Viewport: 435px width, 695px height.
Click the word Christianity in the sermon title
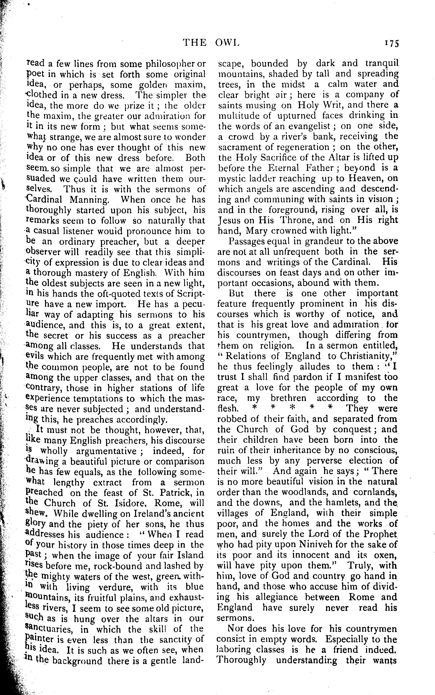367,356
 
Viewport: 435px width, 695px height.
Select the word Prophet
380,534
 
